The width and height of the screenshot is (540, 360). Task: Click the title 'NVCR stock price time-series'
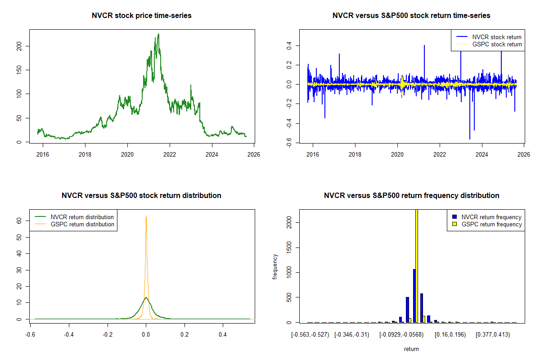tap(142, 16)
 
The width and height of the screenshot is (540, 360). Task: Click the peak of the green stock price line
tap(158, 34)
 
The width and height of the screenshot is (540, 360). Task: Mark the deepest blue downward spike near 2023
tap(470, 139)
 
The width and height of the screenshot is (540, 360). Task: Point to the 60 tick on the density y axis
tap(19, 220)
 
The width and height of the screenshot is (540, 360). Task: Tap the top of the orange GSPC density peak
tap(146, 216)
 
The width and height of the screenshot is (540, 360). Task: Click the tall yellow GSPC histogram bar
tap(417, 265)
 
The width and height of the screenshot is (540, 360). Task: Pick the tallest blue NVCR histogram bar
tap(414, 296)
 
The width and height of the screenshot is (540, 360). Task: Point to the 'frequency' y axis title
tap(275, 267)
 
